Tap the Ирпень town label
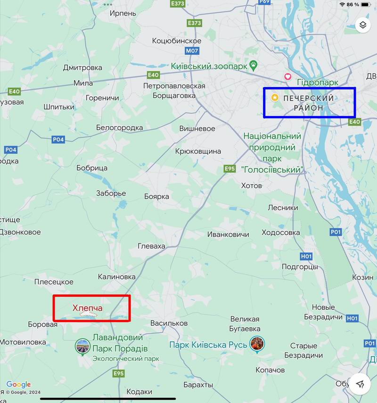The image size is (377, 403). [x=123, y=14]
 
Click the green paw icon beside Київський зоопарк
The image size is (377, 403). [x=253, y=66]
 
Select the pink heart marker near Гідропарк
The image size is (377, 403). [x=287, y=77]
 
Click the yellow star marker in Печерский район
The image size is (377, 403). [x=275, y=98]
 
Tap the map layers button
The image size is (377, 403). [x=362, y=25]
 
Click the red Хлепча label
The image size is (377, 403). [x=87, y=308]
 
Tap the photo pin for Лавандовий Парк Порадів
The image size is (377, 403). [x=82, y=347]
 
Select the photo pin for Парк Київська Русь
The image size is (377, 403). [x=257, y=344]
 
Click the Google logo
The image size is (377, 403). [x=19, y=385]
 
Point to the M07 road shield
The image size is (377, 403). [x=192, y=50]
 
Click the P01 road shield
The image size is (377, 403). [x=336, y=232]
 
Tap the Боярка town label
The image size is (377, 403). [x=156, y=195]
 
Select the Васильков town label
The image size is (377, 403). [x=169, y=323]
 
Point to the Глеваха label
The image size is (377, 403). [x=151, y=246]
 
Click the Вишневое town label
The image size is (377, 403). [x=197, y=129]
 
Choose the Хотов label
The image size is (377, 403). [x=251, y=185]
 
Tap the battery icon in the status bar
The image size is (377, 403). [x=367, y=4]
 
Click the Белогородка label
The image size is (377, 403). [x=119, y=128]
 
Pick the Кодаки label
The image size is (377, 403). [x=139, y=392]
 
